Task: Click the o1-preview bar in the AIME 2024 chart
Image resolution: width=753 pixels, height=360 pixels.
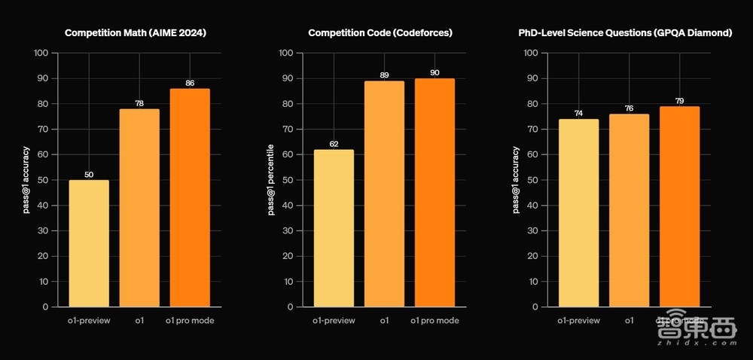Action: (x=89, y=243)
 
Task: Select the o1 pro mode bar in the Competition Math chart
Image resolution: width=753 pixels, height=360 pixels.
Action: (x=190, y=197)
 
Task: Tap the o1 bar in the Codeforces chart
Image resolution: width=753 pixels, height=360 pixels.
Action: (x=384, y=194)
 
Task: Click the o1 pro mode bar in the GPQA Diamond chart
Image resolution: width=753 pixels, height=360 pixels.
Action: (x=680, y=206)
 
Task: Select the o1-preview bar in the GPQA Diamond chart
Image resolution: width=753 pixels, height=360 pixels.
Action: (x=578, y=212)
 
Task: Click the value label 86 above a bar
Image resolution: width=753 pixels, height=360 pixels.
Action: (x=190, y=83)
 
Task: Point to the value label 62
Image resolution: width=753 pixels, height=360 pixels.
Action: (x=334, y=144)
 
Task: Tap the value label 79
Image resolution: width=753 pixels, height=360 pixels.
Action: (x=680, y=101)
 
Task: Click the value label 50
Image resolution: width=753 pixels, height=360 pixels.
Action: (x=89, y=175)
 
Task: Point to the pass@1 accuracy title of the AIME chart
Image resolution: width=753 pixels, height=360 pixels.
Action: (x=26, y=180)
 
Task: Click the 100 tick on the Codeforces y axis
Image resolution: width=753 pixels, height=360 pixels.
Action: (x=286, y=53)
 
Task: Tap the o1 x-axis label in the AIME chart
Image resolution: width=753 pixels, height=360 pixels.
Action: (x=139, y=321)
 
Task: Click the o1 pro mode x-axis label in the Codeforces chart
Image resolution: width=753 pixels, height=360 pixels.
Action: (x=434, y=321)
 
